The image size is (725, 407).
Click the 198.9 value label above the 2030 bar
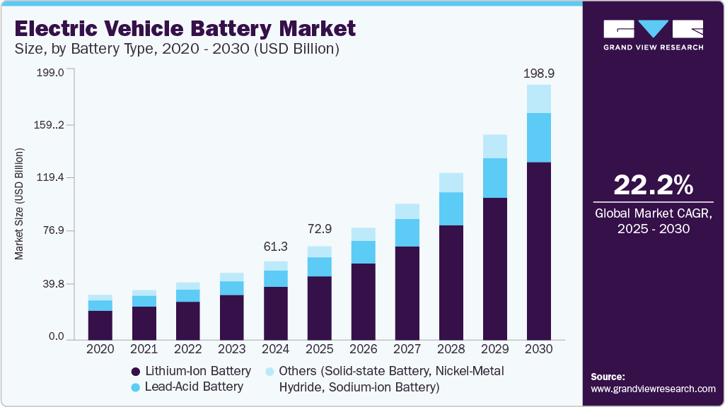point(539,73)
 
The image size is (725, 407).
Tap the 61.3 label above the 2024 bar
point(275,246)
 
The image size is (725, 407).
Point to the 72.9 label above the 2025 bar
point(319,229)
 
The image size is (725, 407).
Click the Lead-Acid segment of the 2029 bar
point(495,178)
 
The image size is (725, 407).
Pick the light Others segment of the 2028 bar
point(451,182)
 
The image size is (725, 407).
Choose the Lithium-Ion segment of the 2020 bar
point(100,325)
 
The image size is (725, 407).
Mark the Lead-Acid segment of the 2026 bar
point(363,252)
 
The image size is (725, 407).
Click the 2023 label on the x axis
point(231,349)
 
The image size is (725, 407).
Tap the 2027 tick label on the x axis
point(407,349)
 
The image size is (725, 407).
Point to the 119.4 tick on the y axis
point(51,178)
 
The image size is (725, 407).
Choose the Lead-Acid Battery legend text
point(194,387)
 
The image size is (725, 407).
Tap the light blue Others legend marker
point(269,372)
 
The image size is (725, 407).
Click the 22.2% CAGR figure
point(653,185)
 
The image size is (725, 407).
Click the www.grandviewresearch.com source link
point(653,389)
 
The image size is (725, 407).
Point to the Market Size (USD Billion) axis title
point(20,204)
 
